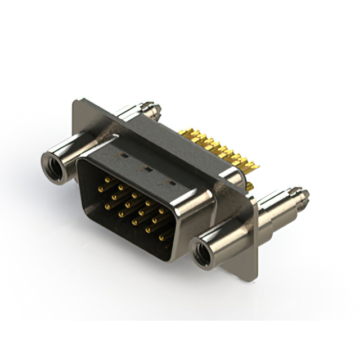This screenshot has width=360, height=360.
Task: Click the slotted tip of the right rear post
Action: click(x=304, y=195)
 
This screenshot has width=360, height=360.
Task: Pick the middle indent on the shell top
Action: click(x=147, y=168)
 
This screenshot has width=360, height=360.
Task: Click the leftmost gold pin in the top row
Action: click(x=107, y=179)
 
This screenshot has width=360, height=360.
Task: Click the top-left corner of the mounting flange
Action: click(x=75, y=101)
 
